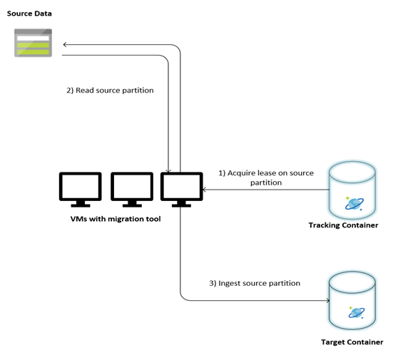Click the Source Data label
[29, 14]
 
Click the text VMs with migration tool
[116, 219]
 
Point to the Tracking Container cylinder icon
[353, 190]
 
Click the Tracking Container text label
[343, 225]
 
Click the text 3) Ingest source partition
[254, 283]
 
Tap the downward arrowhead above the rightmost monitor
[168, 168]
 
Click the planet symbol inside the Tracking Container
[354, 202]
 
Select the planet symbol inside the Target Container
[354, 312]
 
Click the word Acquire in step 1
[242, 173]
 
